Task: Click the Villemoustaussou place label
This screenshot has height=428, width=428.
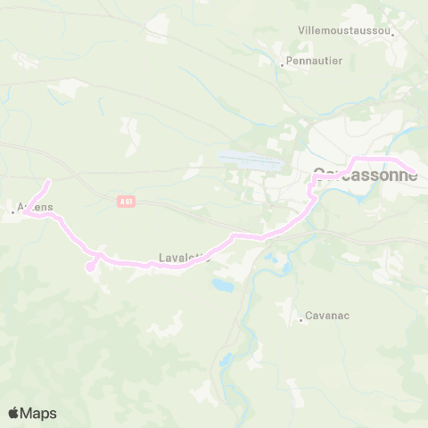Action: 343,29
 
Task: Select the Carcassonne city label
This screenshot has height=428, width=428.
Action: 365,175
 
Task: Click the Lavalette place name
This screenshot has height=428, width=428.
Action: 184,258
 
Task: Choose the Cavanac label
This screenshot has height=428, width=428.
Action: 327,315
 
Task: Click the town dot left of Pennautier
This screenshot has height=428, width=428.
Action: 283,64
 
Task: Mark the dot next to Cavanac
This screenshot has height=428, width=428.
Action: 301,320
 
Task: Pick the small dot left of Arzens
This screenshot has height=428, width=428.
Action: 12,211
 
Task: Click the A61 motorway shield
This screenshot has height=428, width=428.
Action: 125,202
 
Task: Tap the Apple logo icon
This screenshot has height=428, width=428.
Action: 14,413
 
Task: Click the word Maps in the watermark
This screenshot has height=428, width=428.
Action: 38,413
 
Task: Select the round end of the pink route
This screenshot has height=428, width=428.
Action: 89,266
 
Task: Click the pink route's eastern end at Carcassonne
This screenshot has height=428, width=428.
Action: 414,172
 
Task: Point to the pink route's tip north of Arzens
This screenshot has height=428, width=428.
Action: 48,182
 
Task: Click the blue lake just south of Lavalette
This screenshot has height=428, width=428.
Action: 219,286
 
